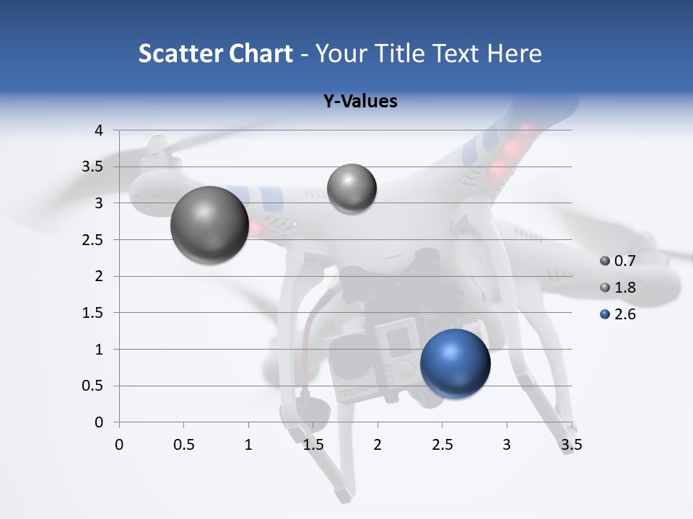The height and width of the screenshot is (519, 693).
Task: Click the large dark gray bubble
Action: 209,225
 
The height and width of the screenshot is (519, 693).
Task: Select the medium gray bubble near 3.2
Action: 352,189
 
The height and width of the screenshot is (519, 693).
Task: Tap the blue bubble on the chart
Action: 455,363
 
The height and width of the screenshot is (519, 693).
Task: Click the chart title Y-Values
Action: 360,102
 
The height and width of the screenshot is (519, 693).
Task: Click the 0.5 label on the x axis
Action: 184,445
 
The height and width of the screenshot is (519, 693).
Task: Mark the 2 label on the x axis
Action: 378,445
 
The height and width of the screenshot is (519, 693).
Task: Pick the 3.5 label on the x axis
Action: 571,445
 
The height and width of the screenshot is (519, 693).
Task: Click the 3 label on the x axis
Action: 507,445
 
